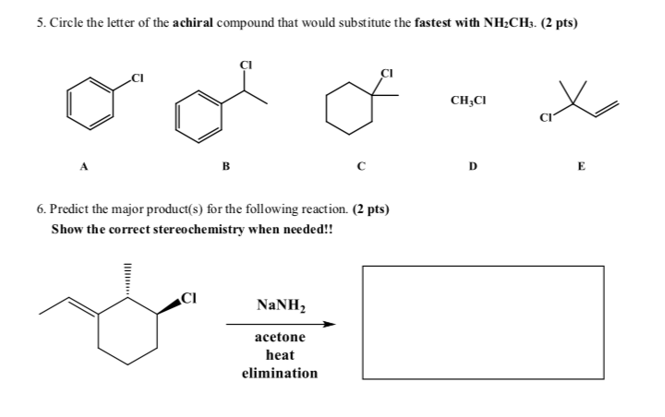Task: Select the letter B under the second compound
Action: click(x=224, y=168)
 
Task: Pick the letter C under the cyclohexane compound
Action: click(x=361, y=168)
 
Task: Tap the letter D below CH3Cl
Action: click(x=473, y=168)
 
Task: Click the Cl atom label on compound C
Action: click(x=387, y=71)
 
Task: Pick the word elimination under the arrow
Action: click(x=279, y=374)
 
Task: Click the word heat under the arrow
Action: click(x=279, y=355)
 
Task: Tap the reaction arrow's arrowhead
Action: click(x=329, y=324)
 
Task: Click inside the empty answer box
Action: click(x=482, y=323)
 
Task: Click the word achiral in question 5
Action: click(x=187, y=22)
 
